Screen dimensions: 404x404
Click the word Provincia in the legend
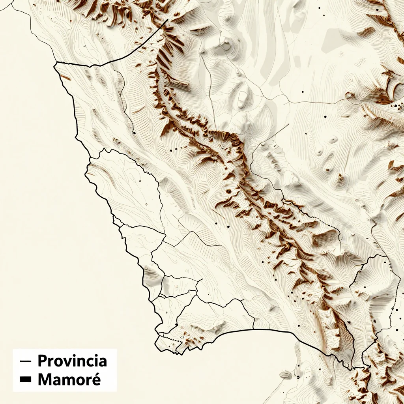(x=72, y=361)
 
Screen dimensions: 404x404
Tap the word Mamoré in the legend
(x=69, y=380)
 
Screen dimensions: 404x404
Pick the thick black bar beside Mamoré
(x=26, y=380)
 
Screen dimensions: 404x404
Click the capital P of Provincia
(x=42, y=361)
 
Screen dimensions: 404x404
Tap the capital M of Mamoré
(x=45, y=380)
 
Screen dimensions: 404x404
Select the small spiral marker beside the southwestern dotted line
(x=182, y=337)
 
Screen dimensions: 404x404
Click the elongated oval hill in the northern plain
(x=243, y=97)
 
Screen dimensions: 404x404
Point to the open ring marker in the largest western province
(x=146, y=204)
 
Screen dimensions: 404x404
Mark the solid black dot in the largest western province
(x=140, y=181)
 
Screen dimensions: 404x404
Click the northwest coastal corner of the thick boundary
(x=55, y=62)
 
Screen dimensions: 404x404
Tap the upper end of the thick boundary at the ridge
(x=168, y=20)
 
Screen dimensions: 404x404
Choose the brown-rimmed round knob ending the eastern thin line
(x=350, y=95)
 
